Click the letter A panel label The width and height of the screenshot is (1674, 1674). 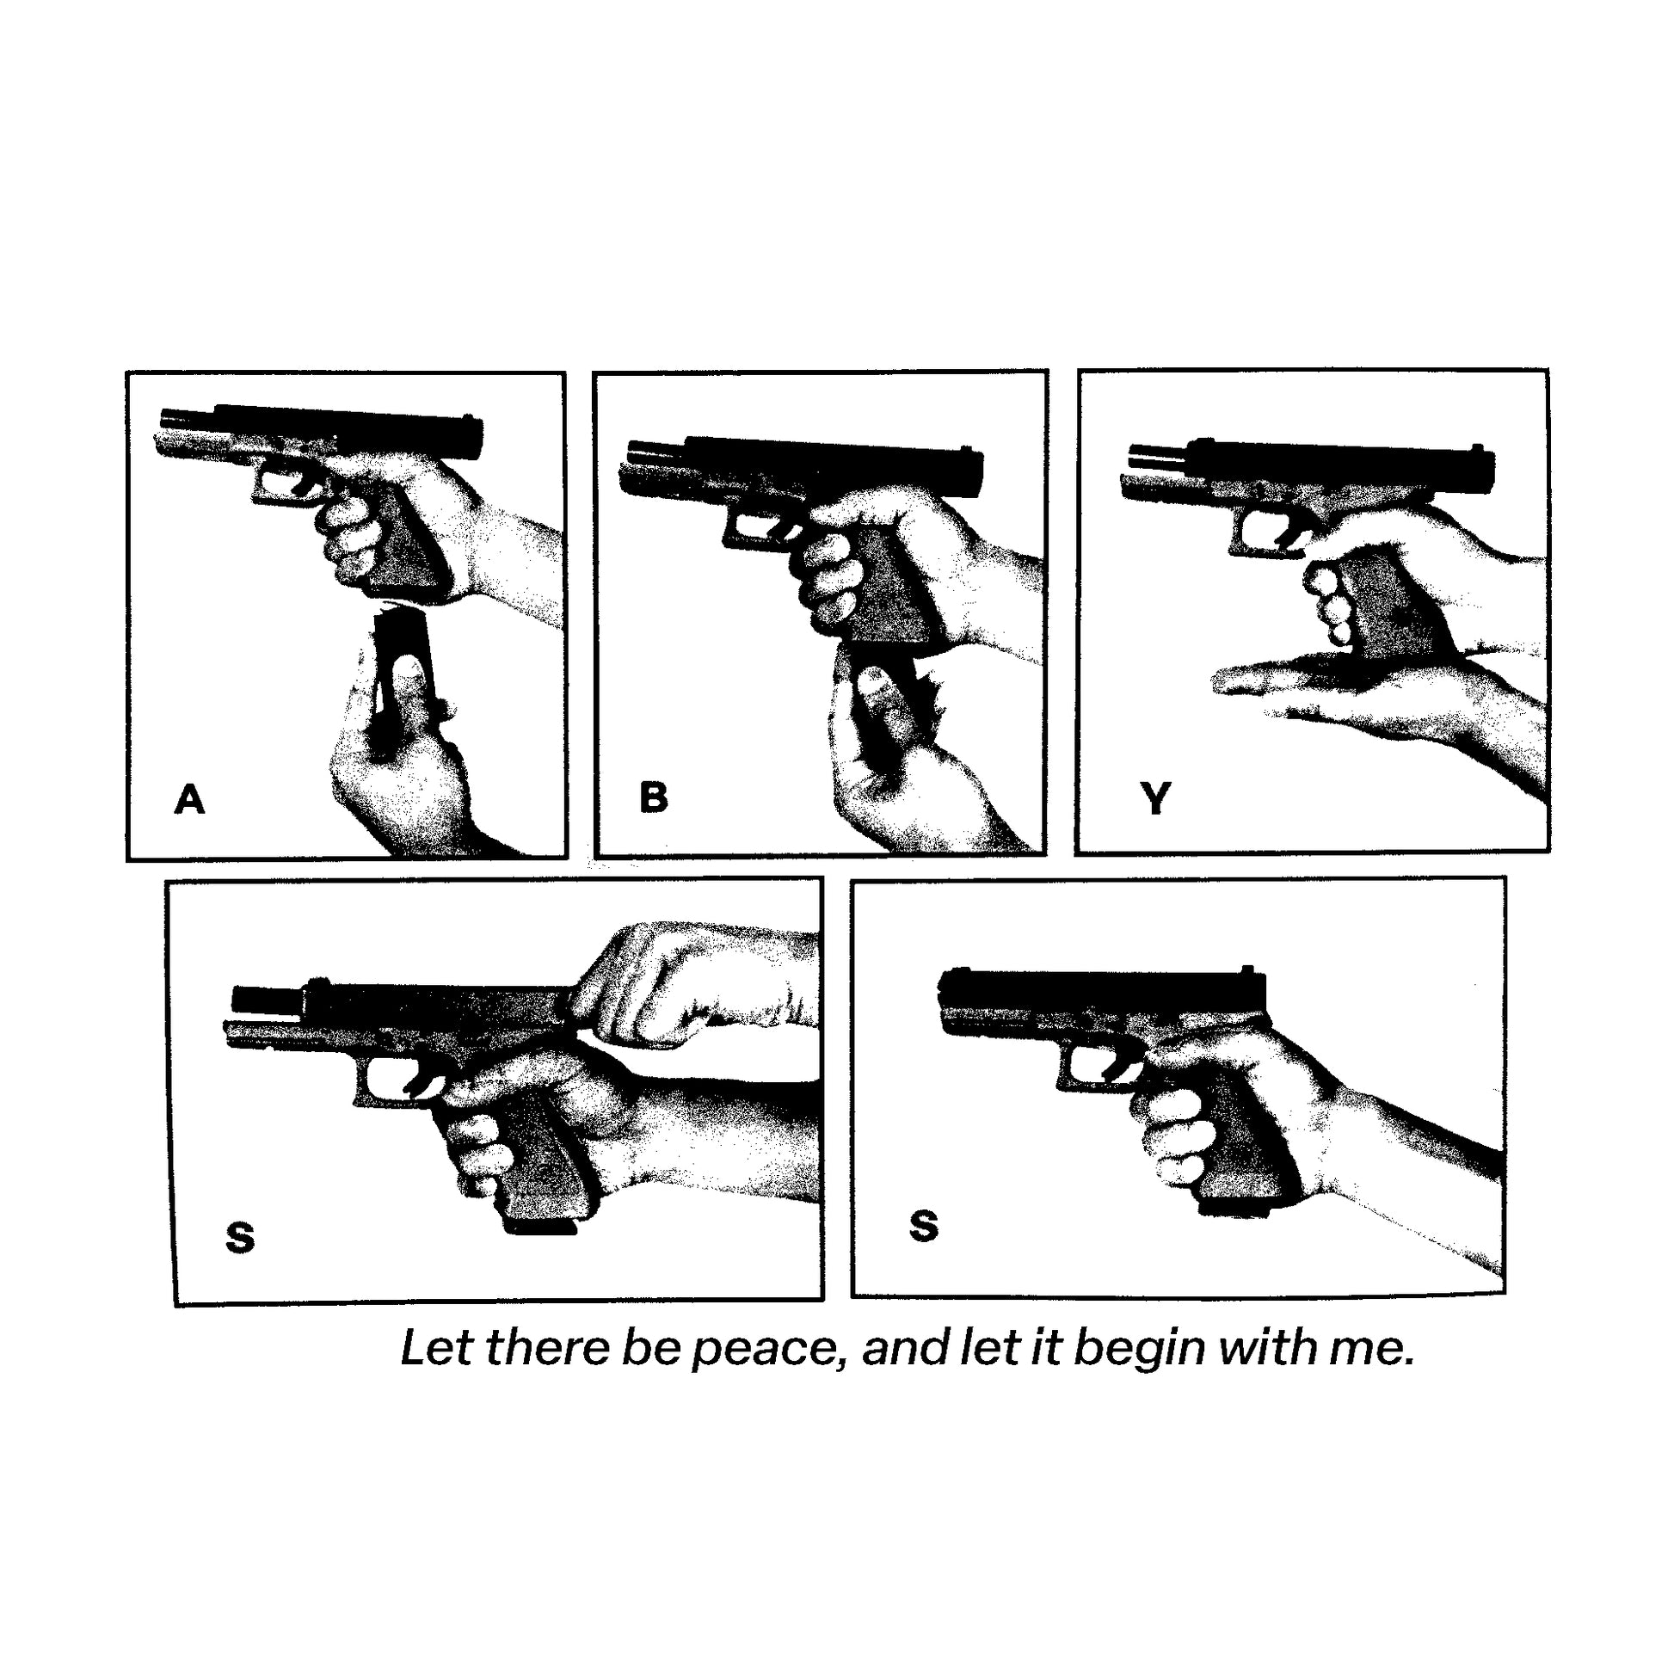[190, 799]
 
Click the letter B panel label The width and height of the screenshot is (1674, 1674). [653, 797]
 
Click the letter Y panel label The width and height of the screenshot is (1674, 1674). [1156, 798]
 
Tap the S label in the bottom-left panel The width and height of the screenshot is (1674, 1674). [240, 1238]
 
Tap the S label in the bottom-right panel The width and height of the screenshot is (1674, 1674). [924, 1226]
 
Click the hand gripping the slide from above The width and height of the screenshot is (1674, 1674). [685, 988]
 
